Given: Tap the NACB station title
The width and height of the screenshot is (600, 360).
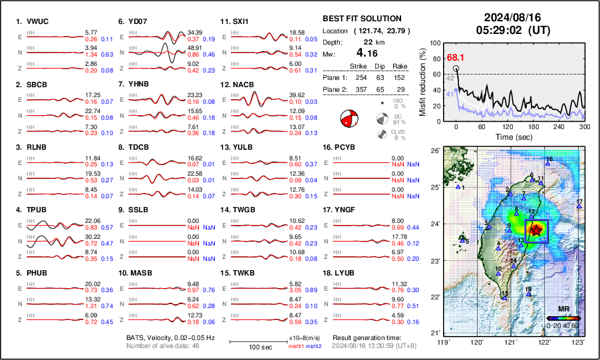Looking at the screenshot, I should click(x=245, y=85).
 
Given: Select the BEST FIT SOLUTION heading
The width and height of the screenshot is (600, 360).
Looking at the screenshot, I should click(x=361, y=19).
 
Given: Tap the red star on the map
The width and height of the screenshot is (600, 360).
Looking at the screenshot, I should click(x=536, y=229).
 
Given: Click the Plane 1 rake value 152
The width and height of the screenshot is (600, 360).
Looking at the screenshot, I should click(x=399, y=77).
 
